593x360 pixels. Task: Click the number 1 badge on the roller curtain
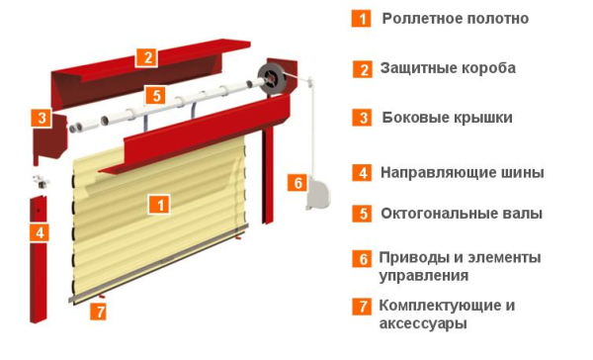coord(157,205)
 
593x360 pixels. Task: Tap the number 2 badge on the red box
coord(145,56)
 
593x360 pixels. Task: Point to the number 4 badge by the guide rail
coord(39,233)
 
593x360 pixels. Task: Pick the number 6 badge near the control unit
coord(296,182)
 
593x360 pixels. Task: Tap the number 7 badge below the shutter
coord(98,312)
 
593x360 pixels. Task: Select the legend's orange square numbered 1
coord(364,18)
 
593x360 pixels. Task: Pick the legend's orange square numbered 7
coord(363,307)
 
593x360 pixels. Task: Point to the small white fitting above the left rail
coord(39,181)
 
